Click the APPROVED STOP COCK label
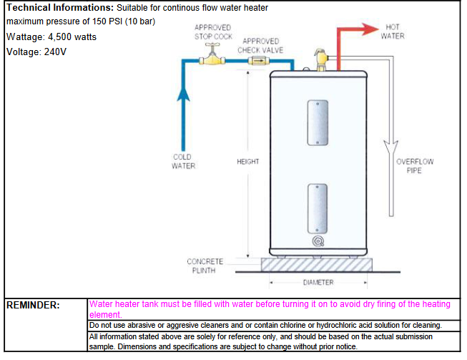[x=212, y=31]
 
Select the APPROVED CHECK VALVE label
[x=260, y=46]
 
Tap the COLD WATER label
[x=183, y=161]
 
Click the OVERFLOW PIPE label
[x=415, y=166]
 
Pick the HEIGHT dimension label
[x=247, y=162]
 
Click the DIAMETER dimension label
[x=318, y=283]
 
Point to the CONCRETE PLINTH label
[x=205, y=266]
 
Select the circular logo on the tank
[x=316, y=242]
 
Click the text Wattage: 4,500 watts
[x=51, y=37]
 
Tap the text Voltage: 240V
[x=36, y=52]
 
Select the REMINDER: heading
[x=33, y=306]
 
